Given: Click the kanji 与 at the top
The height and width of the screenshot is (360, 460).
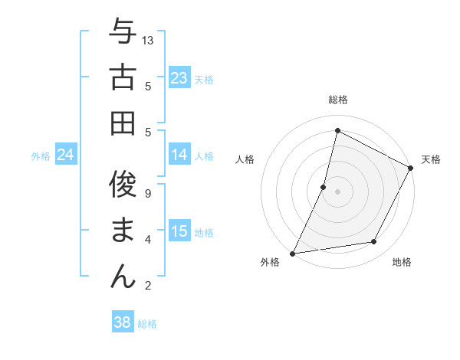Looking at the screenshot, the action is pos(123,31).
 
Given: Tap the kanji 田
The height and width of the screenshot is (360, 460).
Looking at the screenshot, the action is pos(123,123).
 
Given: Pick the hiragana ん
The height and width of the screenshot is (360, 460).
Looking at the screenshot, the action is pos(123,276).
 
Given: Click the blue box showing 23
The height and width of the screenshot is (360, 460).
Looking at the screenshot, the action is pos(179,78).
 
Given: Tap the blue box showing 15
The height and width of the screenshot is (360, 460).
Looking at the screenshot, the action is pos(179,232).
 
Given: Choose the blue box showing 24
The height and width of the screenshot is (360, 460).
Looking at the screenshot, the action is pos(66,155).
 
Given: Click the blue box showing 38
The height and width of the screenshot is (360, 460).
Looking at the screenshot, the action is pos(123,322).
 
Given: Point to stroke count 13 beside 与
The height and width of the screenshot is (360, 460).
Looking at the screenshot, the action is pos(148,40).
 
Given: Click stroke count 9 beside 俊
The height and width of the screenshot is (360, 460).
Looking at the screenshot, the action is pos(148,194).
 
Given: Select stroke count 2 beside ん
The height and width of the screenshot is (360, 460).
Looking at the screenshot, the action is pos(148,286).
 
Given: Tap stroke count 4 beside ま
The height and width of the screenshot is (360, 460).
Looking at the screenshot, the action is pos(148,240).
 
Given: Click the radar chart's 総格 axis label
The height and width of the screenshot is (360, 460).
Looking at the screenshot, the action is pos(337,100).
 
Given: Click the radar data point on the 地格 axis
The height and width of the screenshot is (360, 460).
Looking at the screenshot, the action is pos(374,242).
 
